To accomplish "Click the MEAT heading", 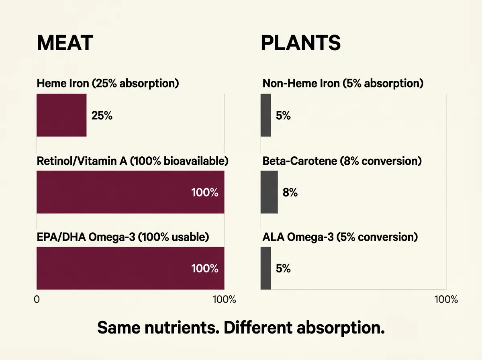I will tap(65, 43).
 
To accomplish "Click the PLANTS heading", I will tap(300, 43).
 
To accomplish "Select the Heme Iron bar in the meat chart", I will tap(61, 115).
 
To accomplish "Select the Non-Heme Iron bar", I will tap(266, 115).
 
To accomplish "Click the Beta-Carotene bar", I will tap(269, 192).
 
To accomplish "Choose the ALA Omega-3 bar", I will tap(266, 268).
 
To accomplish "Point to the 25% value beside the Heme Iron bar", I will tap(102, 116).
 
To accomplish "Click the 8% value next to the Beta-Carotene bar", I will tap(290, 192).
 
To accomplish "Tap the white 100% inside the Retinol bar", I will tap(205, 192).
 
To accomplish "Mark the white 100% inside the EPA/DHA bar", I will tap(205, 268).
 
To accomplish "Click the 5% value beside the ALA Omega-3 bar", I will tap(283, 268).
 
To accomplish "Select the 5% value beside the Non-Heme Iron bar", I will tap(283, 116).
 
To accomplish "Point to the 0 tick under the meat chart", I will tap(37, 300).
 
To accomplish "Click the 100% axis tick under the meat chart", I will tap(224, 300).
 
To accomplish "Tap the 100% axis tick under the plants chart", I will tap(446, 300).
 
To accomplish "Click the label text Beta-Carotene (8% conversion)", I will tap(342, 161).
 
